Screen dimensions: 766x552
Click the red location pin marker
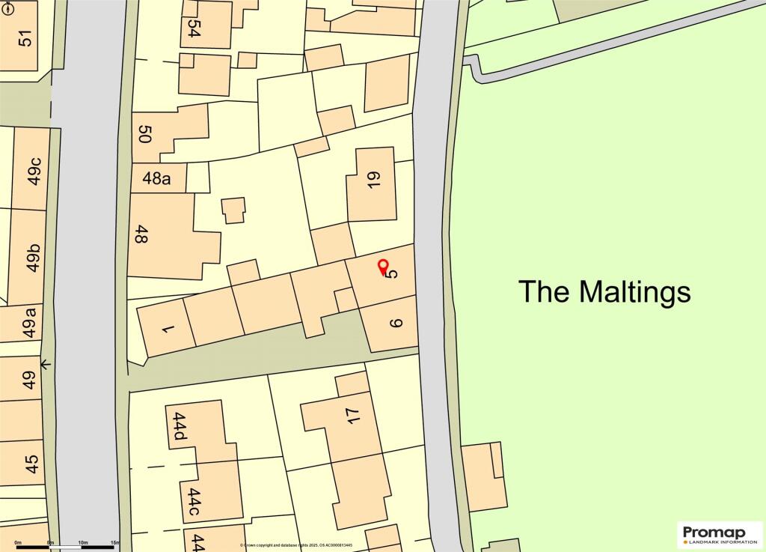click(382, 265)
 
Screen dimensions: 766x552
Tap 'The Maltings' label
click(604, 291)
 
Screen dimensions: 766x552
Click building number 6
click(396, 324)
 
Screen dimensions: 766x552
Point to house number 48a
click(156, 178)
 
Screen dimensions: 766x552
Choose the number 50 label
click(145, 135)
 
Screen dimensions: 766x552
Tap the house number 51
click(27, 37)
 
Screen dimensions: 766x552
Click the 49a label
click(31, 324)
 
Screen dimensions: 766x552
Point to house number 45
click(31, 464)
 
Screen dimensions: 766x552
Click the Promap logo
click(719, 534)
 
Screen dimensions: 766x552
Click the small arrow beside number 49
click(46, 365)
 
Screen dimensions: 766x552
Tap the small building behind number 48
click(233, 210)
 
